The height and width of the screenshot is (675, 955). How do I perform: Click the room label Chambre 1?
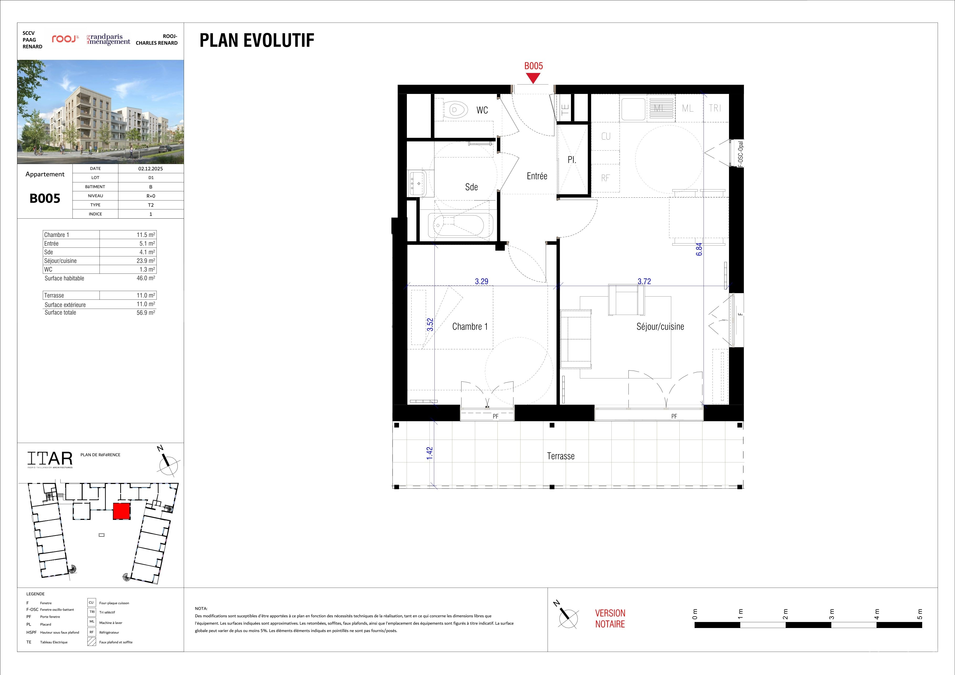point(470,326)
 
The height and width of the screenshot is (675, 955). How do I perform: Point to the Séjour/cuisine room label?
point(660,326)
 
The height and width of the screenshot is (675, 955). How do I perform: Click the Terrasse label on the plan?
point(561,456)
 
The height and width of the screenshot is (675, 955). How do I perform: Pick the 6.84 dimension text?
point(699,249)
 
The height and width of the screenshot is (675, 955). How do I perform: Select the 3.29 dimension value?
point(482,281)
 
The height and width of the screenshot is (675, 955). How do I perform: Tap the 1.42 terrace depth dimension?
point(430,453)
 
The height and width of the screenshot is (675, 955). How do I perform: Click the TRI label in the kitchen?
point(715,108)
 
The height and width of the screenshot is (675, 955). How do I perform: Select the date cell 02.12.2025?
point(151,168)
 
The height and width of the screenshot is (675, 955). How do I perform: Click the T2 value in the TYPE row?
point(151,205)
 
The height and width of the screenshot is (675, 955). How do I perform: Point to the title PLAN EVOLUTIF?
point(257,40)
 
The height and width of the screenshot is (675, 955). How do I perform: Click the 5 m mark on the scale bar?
point(920,614)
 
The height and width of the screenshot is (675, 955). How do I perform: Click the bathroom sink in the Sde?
point(417,183)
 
